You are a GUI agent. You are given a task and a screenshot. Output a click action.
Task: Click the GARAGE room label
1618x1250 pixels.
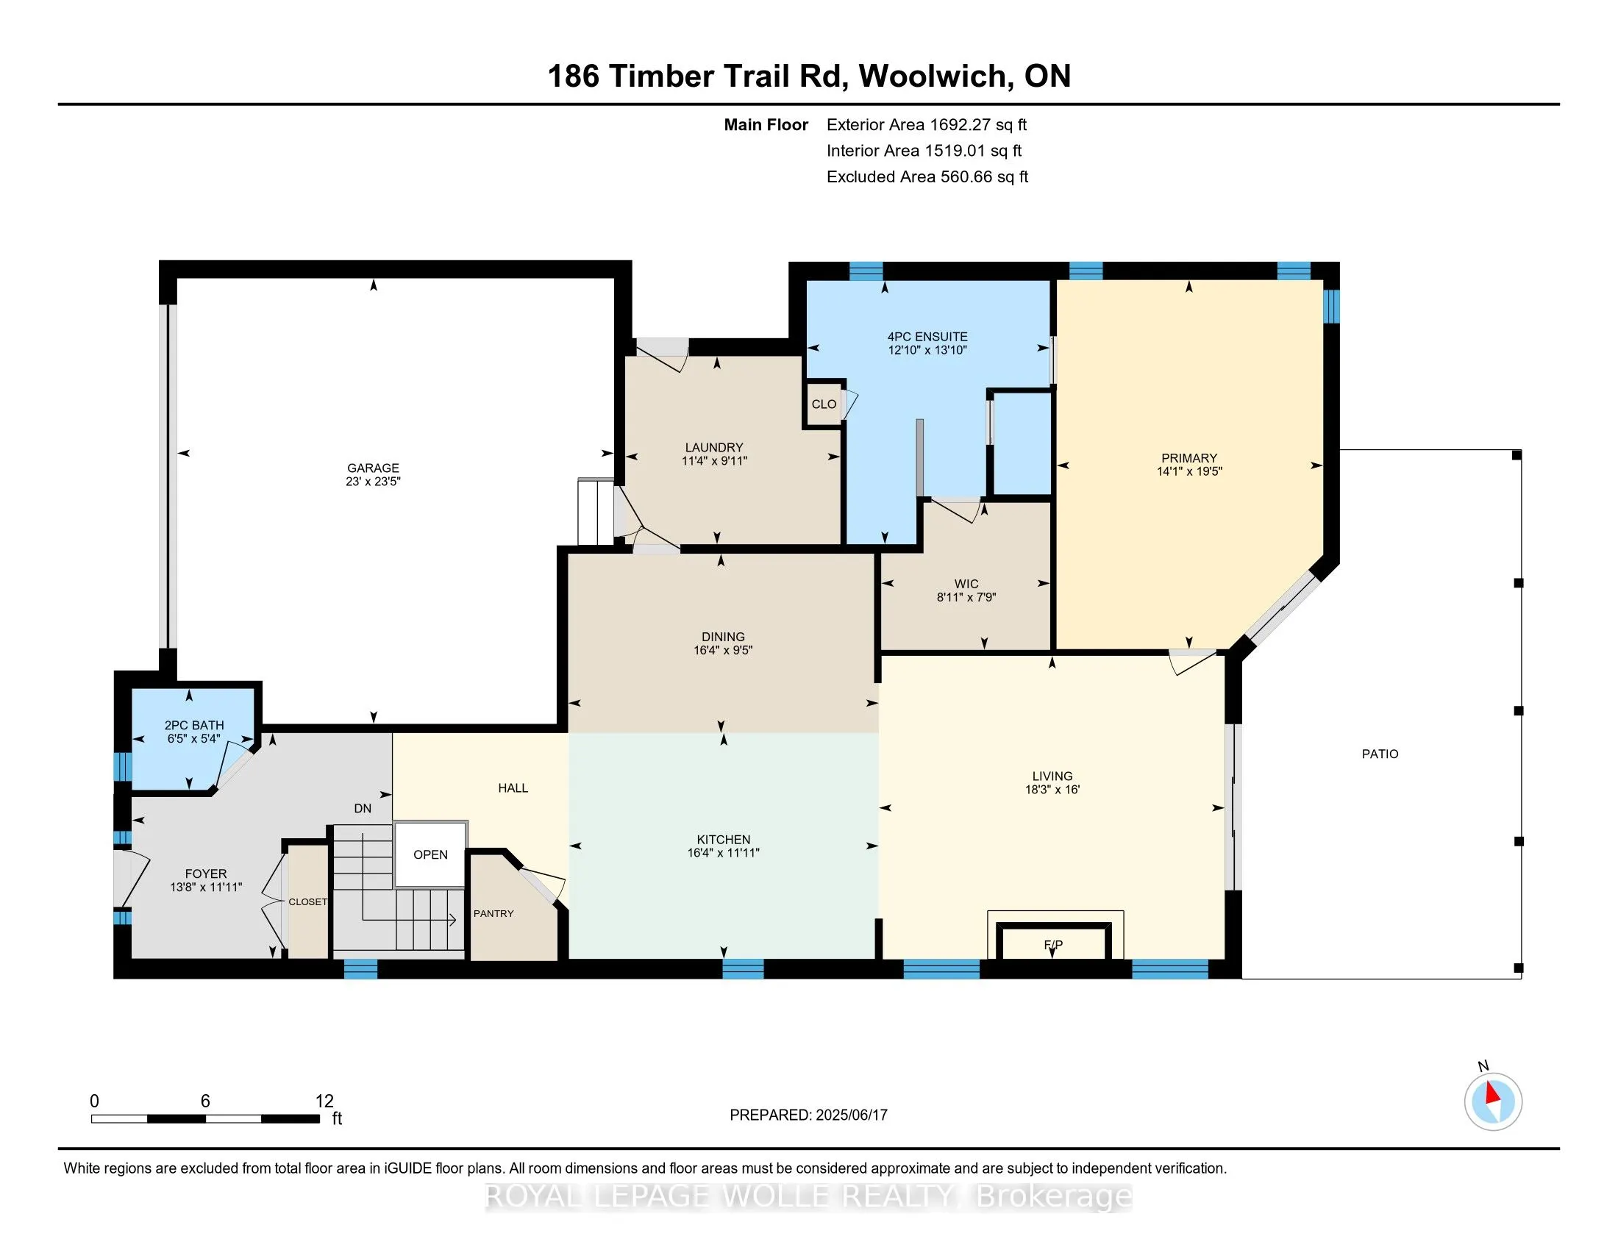(x=373, y=468)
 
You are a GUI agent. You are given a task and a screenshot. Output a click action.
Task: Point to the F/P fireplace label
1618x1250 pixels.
(x=1052, y=944)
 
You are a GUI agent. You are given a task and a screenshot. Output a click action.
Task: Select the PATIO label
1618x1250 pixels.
(x=1380, y=754)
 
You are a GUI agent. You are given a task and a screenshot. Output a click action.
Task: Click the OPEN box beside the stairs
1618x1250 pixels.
(x=430, y=854)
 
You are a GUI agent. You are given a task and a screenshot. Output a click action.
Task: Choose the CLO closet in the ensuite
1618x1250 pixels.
(x=824, y=404)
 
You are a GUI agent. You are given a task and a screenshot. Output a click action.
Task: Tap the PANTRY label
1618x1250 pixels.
(x=493, y=914)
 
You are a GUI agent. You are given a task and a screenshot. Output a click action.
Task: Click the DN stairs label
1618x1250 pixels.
(x=363, y=809)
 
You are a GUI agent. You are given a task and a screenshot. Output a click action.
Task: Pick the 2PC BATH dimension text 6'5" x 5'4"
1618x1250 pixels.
(x=194, y=738)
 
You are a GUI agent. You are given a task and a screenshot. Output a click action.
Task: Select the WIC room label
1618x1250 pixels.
(x=966, y=585)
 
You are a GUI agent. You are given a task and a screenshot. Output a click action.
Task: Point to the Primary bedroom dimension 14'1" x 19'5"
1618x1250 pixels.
(x=1189, y=471)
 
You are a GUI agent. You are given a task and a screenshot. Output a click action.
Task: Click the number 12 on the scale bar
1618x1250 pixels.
(x=324, y=1101)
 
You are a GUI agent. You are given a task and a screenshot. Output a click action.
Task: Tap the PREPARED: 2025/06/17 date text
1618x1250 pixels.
(x=808, y=1115)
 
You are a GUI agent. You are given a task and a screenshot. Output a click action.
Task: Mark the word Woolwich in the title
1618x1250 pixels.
(x=935, y=76)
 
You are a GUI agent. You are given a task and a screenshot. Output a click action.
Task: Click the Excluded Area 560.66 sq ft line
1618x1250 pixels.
(x=927, y=177)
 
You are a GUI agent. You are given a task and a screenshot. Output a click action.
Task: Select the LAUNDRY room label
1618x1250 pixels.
(x=714, y=447)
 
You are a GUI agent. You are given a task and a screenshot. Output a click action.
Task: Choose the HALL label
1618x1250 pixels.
(x=513, y=788)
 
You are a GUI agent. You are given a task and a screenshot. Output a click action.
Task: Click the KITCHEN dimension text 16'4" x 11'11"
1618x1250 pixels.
(x=723, y=853)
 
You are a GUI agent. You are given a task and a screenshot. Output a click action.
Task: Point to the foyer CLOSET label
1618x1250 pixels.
(x=307, y=902)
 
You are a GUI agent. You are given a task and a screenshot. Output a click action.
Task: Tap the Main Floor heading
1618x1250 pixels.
(x=766, y=125)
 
